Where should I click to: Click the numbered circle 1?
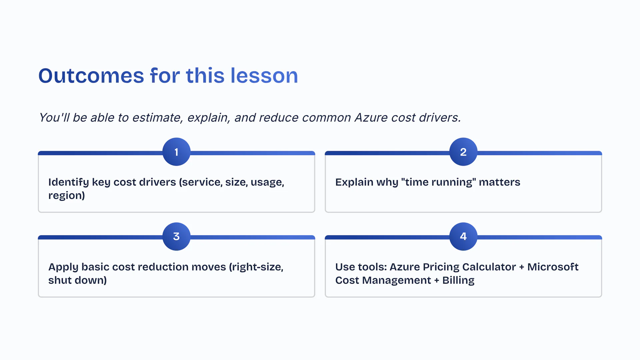[176, 152]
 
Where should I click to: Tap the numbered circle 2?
[463, 152]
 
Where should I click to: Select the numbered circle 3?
[176, 236]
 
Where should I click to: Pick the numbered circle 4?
[463, 236]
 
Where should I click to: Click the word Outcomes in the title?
[91, 76]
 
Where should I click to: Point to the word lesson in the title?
[264, 76]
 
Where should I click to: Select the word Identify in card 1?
[69, 182]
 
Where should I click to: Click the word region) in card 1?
[67, 196]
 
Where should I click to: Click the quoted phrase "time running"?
[438, 182]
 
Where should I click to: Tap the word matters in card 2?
[499, 182]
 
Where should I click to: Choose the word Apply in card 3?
[63, 267]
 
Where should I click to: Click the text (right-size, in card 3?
[256, 267]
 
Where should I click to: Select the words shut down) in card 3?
[78, 280]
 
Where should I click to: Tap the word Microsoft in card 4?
[553, 267]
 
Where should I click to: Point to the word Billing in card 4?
[458, 281]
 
